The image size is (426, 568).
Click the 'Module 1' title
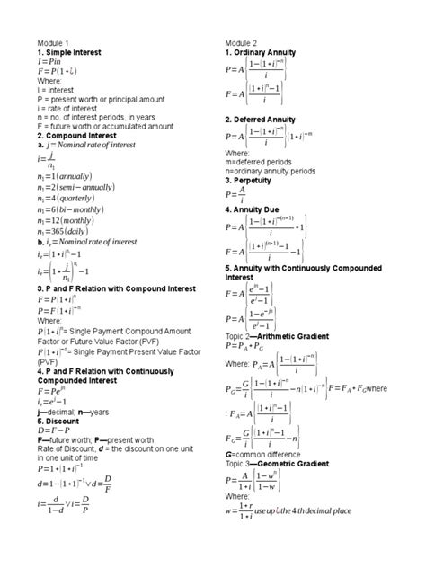[x=53, y=43]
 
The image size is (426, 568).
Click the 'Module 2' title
[x=241, y=43]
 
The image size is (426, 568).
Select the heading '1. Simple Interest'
[x=75, y=53]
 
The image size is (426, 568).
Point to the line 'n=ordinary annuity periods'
[x=277, y=170]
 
